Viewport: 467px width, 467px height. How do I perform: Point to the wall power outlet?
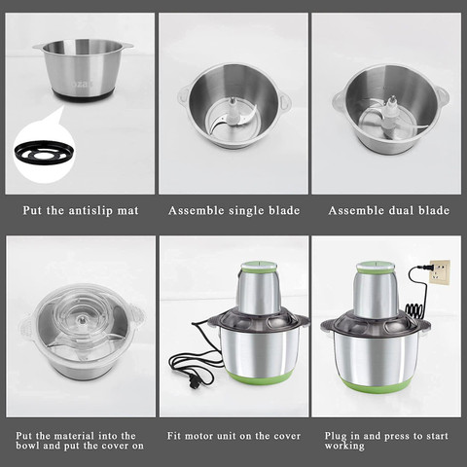[x=440, y=272]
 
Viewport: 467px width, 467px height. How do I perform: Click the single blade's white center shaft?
[x=233, y=109]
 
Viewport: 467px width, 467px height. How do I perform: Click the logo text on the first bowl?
[x=82, y=84]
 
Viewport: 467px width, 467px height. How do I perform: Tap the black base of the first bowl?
[x=83, y=95]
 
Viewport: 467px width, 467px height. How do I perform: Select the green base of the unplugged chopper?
[x=259, y=377]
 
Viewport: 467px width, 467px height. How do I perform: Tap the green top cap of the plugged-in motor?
[x=376, y=267]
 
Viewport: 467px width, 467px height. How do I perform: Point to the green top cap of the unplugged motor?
[x=259, y=266]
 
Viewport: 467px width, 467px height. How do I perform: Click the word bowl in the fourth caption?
[x=28, y=446]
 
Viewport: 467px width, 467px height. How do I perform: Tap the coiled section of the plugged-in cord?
[x=414, y=311]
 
